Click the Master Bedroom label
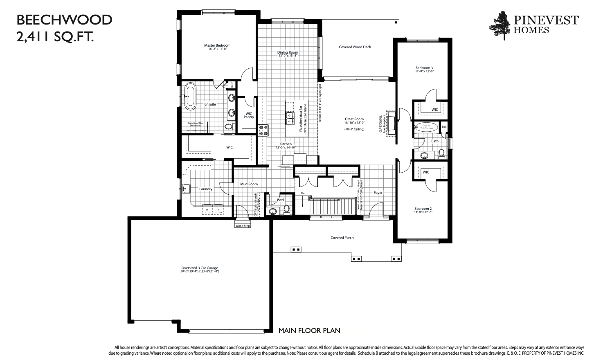217,45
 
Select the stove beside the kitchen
263,130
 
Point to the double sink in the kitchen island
290,118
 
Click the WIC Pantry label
249,115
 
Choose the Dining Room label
288,52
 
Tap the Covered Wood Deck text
355,47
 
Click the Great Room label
354,119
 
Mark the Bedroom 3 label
424,68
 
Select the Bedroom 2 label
423,209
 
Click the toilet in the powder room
287,209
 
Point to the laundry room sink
187,189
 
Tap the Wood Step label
243,226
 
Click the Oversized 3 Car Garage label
200,268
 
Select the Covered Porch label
342,238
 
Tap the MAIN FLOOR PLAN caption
309,331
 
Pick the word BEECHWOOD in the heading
64,20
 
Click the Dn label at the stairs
303,193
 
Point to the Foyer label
378,193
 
